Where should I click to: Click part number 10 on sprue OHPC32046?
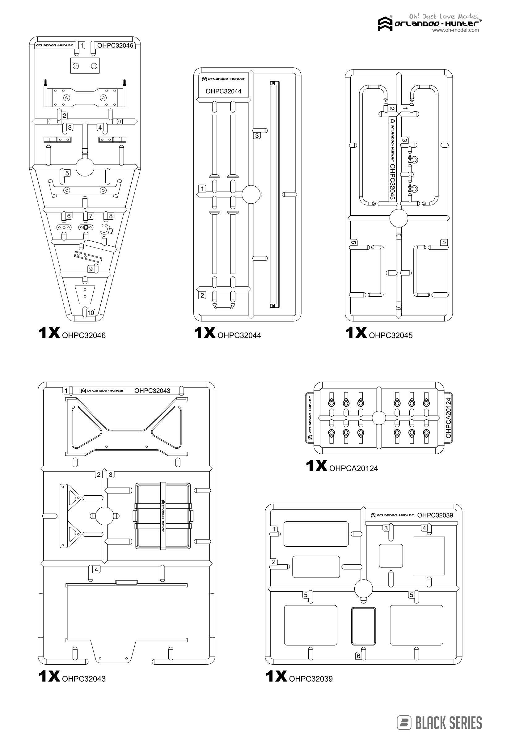[x=91, y=312]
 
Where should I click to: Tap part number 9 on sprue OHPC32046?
[x=91, y=269]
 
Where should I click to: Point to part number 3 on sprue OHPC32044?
[x=257, y=136]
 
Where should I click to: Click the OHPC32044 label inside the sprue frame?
[x=223, y=91]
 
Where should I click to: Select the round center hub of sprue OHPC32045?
[x=398, y=218]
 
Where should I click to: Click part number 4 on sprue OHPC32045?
[x=443, y=243]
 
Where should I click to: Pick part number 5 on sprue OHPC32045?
[x=353, y=243]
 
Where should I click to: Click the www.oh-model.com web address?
[x=455, y=30]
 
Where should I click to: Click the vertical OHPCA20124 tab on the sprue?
[x=448, y=417]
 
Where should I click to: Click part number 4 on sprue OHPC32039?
[x=424, y=528]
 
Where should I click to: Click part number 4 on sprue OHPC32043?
[x=96, y=570]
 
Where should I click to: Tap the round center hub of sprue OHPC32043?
[x=105, y=516]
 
